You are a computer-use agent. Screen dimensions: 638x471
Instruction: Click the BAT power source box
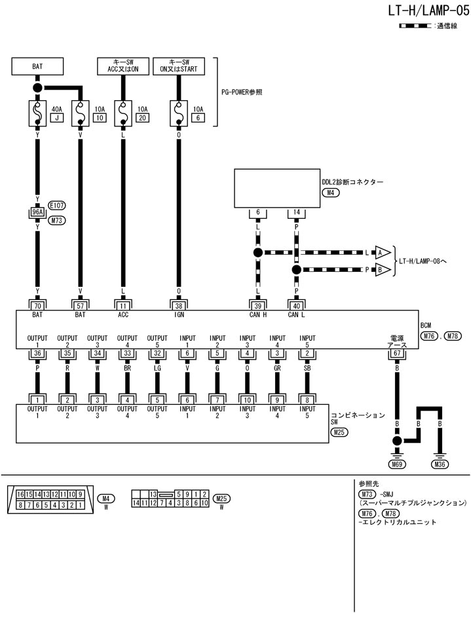(x=37, y=66)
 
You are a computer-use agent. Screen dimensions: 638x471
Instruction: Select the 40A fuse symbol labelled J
(x=37, y=113)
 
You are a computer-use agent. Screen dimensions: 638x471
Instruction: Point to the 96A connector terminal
(x=37, y=212)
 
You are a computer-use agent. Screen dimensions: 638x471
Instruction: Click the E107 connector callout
(x=58, y=205)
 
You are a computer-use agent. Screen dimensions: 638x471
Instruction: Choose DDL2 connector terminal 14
(x=297, y=214)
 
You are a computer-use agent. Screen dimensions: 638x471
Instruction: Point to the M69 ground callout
(x=396, y=464)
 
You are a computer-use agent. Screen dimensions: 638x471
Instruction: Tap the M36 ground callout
(x=441, y=464)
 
